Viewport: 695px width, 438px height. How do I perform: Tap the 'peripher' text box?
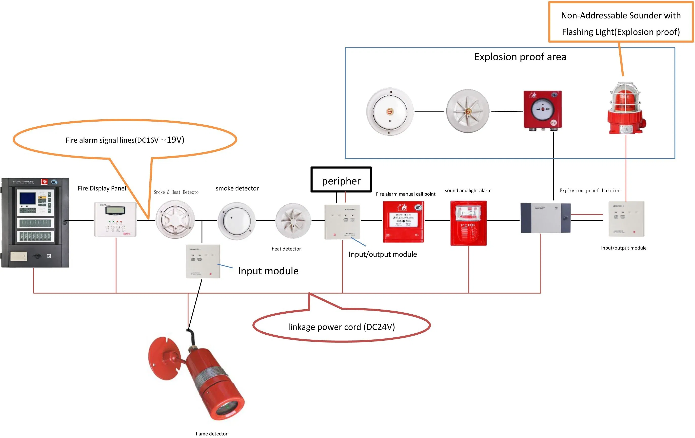click(x=341, y=180)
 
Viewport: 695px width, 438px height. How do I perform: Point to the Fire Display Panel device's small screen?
click(x=115, y=210)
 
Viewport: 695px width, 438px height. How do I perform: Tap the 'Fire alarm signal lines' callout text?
click(x=125, y=140)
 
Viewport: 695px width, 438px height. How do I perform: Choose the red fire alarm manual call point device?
click(x=403, y=221)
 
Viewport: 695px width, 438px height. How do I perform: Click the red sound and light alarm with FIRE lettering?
click(x=468, y=223)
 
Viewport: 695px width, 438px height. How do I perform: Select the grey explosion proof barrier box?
click(x=545, y=218)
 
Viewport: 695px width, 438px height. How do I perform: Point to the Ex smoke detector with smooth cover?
click(x=390, y=112)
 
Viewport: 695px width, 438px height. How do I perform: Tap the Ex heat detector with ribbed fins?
click(x=468, y=111)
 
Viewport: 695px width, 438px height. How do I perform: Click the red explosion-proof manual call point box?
click(x=543, y=110)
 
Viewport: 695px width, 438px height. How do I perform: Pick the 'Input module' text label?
click(x=268, y=271)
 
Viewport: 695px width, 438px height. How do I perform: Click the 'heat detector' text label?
click(x=286, y=249)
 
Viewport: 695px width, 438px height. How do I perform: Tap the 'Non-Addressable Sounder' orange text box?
click(x=621, y=23)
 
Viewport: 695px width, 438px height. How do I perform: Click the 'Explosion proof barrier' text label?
click(x=590, y=190)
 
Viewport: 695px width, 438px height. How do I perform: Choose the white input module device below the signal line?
click(x=203, y=261)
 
